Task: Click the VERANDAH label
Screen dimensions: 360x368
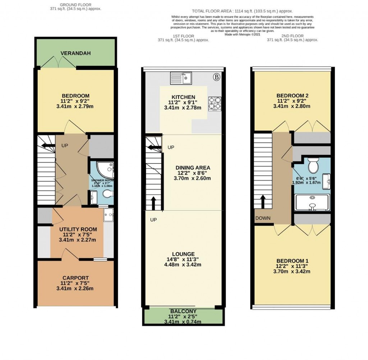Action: (75, 53)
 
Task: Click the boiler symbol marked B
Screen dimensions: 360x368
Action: (216, 76)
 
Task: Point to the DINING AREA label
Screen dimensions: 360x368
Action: (193, 168)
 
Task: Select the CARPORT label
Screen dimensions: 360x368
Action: (75, 278)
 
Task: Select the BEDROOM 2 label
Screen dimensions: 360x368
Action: (293, 95)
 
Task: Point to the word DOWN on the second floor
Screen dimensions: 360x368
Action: (263, 218)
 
